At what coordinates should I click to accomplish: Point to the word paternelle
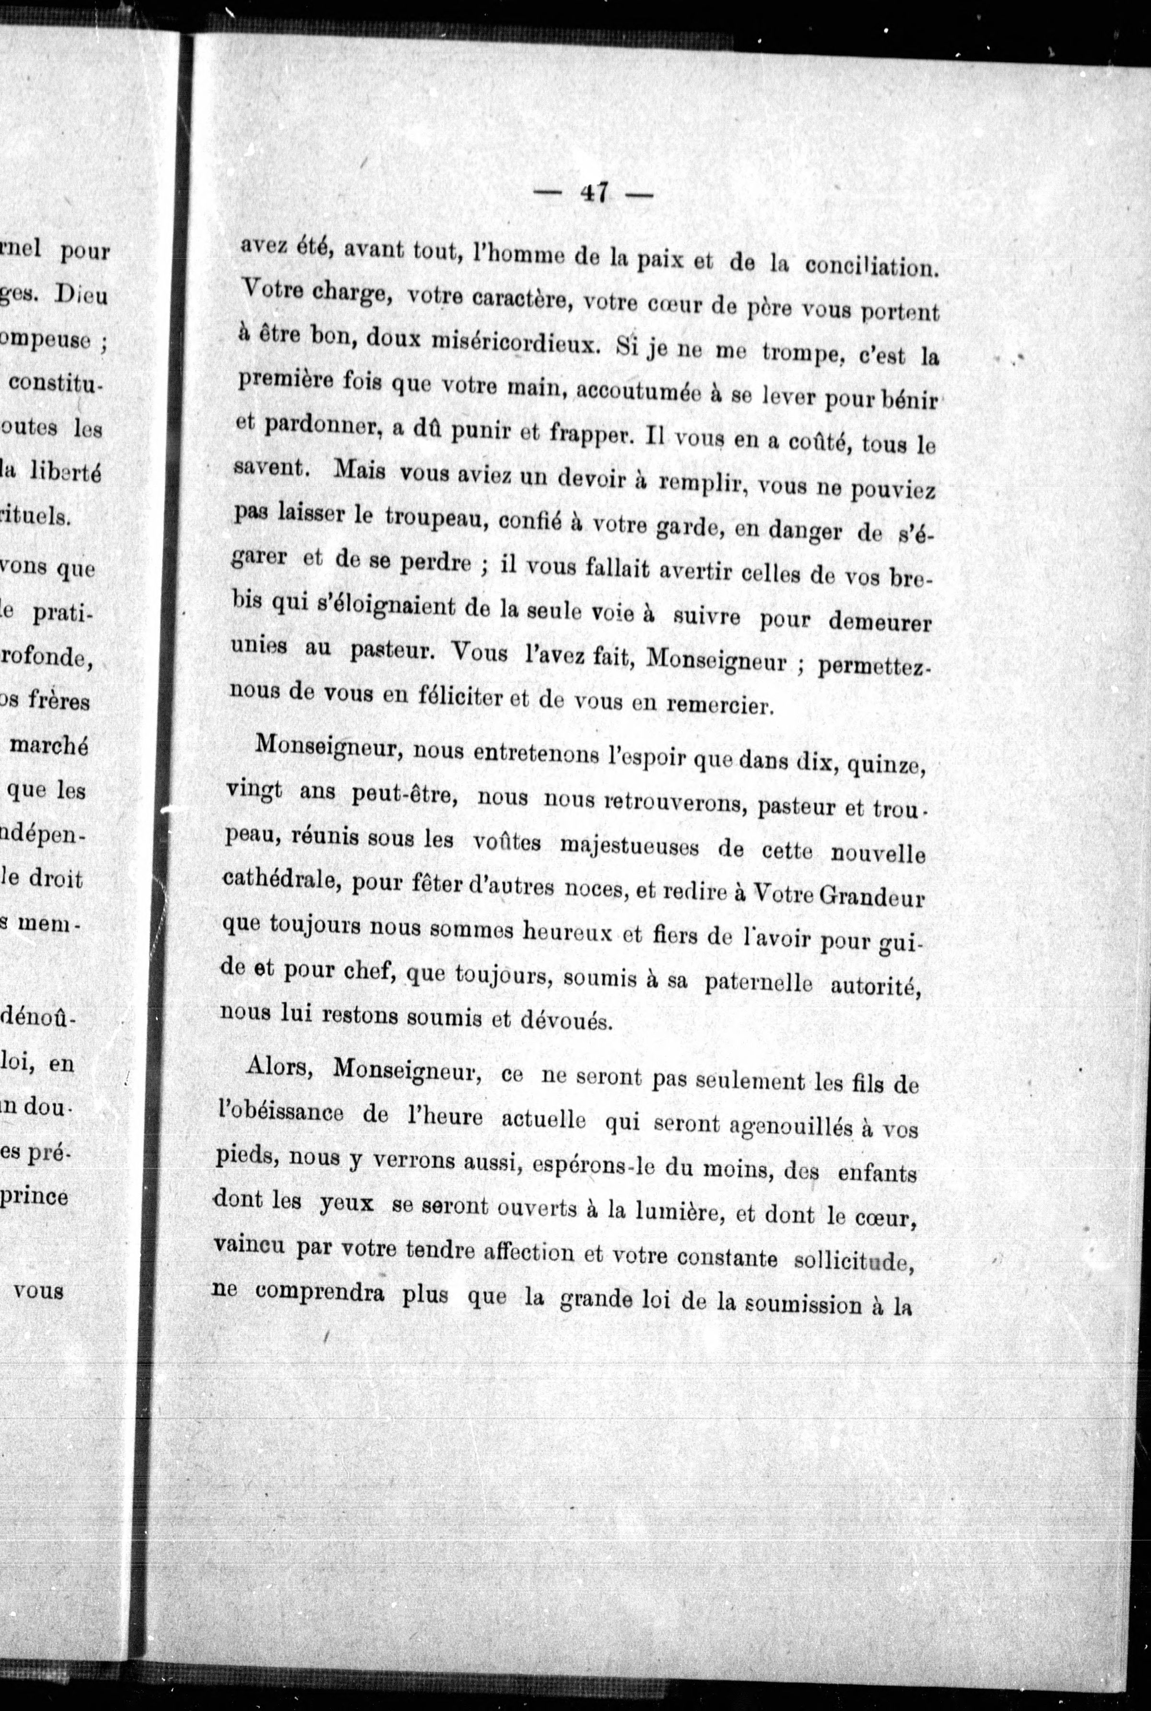758,983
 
